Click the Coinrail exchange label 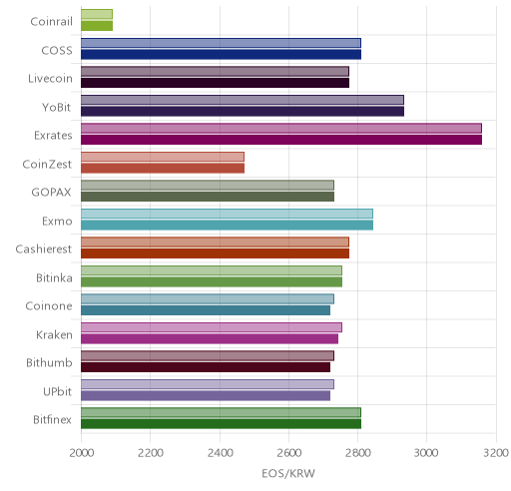pos(51,22)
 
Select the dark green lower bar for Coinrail pos(97,26)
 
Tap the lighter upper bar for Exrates pos(281,129)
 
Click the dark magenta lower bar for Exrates pos(281,140)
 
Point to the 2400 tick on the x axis pos(220,453)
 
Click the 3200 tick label pos(496,453)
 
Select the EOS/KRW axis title pos(288,473)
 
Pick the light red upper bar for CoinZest pos(163,157)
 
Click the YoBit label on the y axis pos(57,107)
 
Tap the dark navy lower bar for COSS pos(221,54)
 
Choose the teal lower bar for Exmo pos(227,226)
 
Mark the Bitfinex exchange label pos(52,420)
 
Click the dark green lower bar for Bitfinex pos(221,424)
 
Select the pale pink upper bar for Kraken pos(212,327)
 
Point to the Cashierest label pos(44,249)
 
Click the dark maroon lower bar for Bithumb pos(206,367)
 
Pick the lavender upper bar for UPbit pos(208,384)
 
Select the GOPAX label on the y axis pos(52,193)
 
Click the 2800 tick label pos(358,453)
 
